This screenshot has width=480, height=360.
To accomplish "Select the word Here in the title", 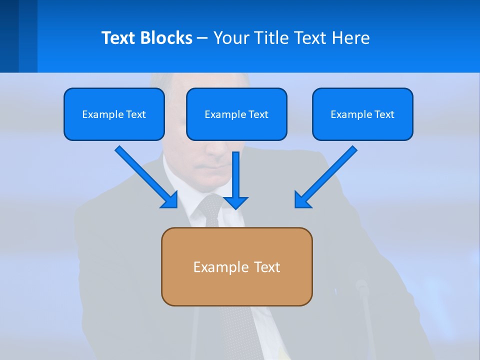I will pyautogui.click(x=350, y=38).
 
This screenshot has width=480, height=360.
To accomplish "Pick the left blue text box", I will pyautogui.click(x=114, y=114).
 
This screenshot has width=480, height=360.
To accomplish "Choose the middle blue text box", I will pyautogui.click(x=236, y=114).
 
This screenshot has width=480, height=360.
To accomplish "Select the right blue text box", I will pyautogui.click(x=362, y=114).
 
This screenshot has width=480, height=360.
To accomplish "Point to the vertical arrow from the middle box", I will pyautogui.click(x=235, y=175).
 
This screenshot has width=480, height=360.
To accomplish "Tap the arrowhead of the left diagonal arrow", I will pyautogui.click(x=170, y=200).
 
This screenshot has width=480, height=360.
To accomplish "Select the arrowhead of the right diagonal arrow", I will pyautogui.click(x=302, y=200).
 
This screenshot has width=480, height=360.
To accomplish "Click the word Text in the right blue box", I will pyautogui.click(x=384, y=114).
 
